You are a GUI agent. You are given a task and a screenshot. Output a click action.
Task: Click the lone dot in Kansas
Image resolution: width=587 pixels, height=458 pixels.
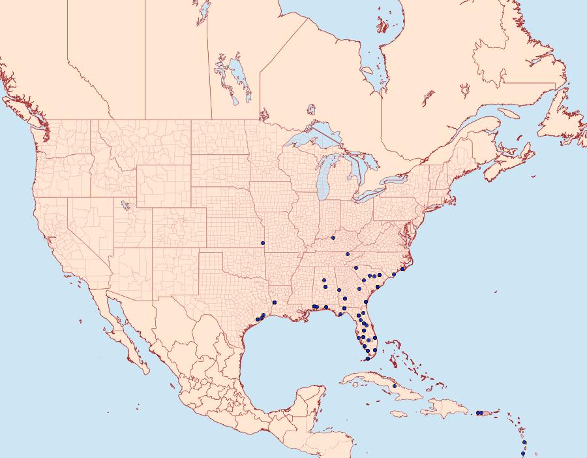click(263, 243)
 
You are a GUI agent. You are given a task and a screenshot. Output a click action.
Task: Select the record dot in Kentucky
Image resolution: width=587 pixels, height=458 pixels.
click(333, 238)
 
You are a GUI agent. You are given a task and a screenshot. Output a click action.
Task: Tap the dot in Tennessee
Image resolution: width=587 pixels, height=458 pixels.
click(348, 254)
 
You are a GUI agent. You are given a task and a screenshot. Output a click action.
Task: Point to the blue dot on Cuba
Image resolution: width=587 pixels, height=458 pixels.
click(395, 386)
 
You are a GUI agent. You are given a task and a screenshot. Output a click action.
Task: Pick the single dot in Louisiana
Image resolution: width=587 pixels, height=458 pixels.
click(275, 302)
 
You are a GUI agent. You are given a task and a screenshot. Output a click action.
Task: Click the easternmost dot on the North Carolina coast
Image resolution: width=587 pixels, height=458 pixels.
click(402, 269)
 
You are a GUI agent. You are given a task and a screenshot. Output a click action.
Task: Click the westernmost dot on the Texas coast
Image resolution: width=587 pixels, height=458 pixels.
click(258, 319)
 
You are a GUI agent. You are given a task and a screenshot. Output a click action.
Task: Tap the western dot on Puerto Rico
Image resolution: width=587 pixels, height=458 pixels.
click(478, 412)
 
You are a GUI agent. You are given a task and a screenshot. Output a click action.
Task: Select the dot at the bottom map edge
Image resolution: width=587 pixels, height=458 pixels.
click(523, 453)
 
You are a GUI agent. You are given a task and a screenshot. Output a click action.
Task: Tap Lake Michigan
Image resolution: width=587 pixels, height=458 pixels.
click(325, 183)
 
